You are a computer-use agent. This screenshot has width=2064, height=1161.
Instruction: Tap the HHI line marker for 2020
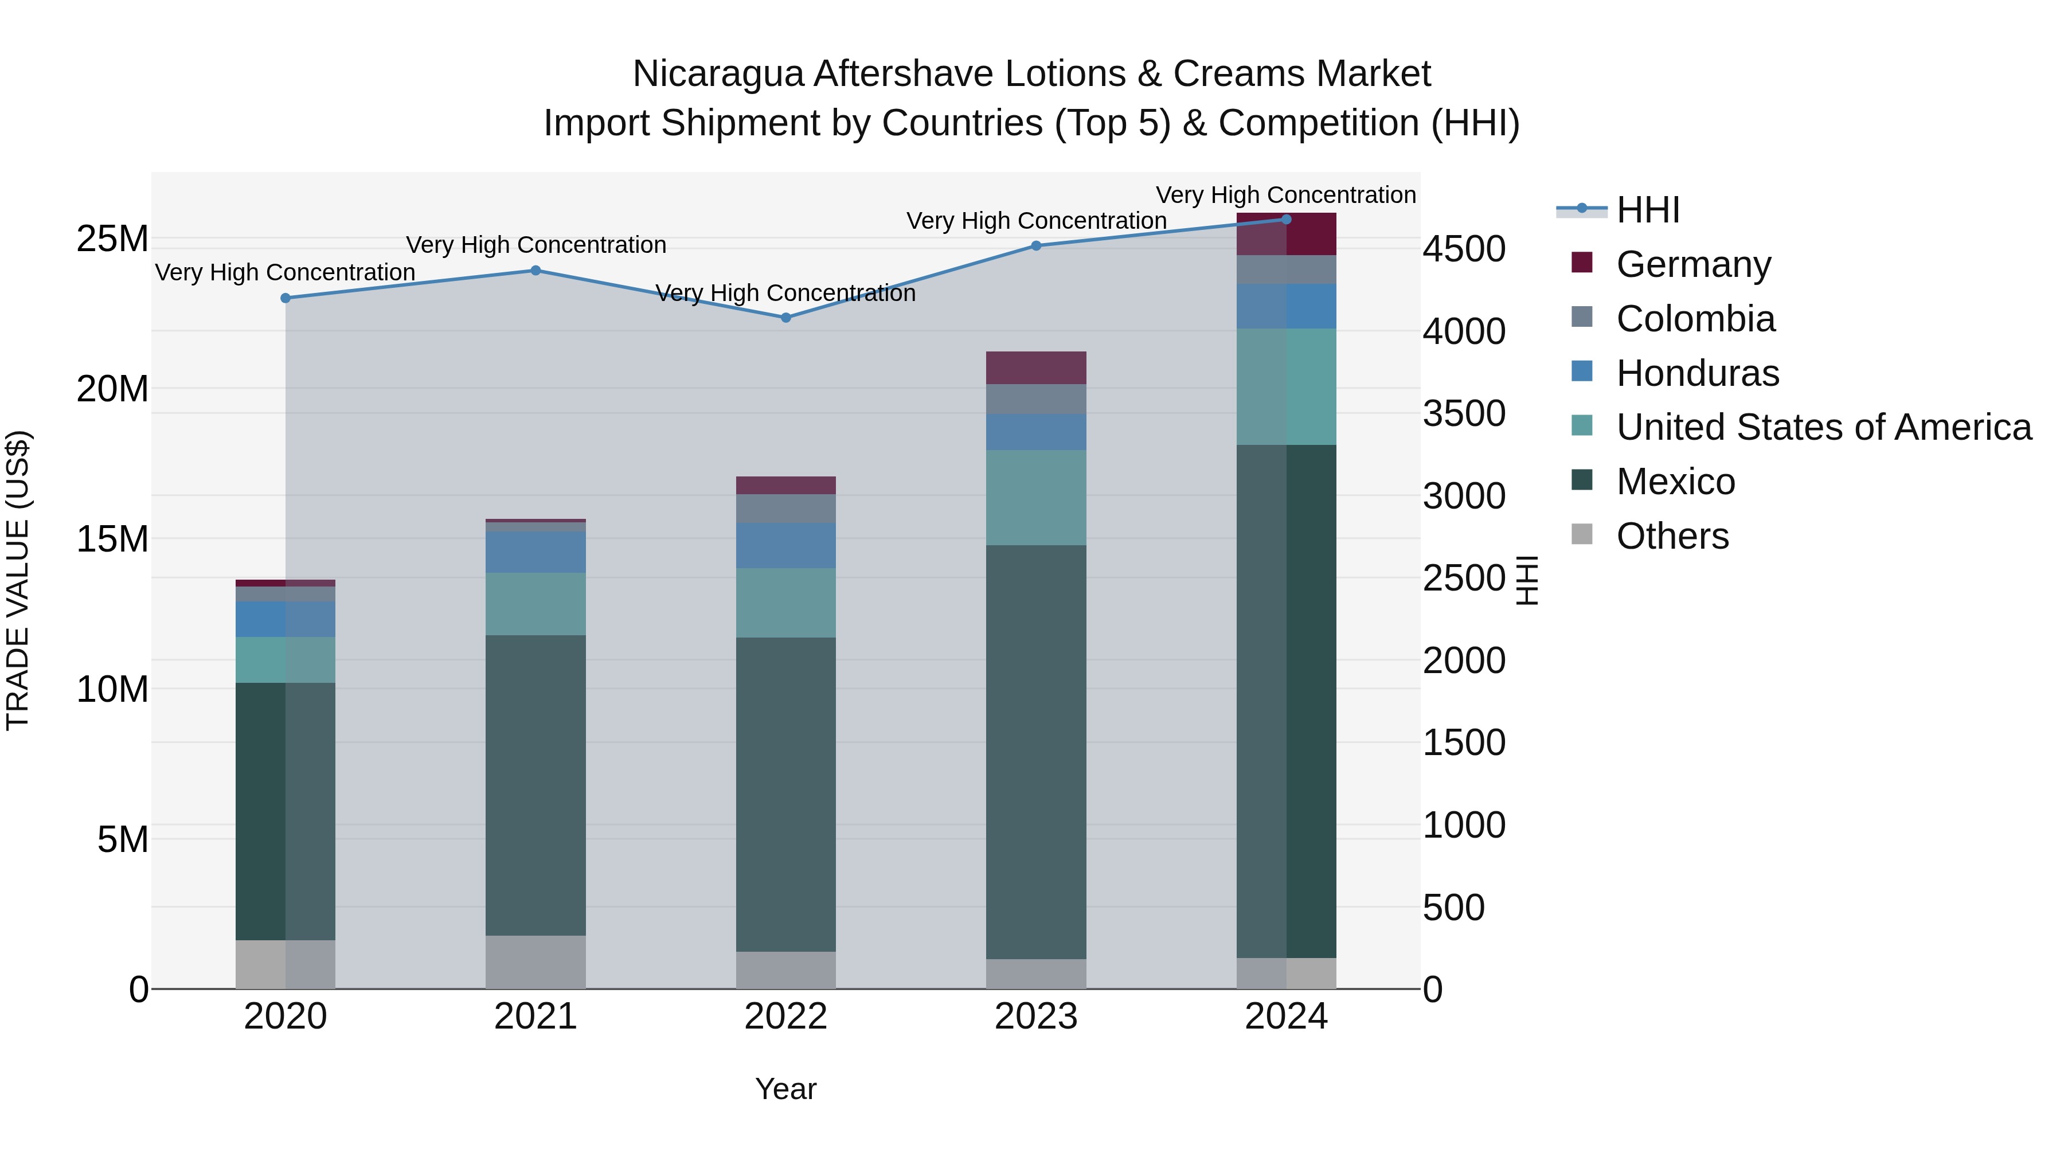click(286, 298)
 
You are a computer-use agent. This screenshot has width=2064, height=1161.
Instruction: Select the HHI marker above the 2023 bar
click(1036, 246)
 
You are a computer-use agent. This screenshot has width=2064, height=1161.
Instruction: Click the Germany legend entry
click(1692, 264)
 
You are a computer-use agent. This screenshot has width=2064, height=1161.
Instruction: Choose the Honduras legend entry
click(1697, 373)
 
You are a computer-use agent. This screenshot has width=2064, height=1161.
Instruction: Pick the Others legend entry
click(1672, 536)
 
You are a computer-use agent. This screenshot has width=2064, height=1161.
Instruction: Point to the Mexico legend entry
click(1675, 482)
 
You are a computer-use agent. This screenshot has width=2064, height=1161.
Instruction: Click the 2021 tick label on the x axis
click(535, 1017)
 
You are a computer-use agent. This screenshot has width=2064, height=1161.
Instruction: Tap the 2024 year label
click(1286, 1017)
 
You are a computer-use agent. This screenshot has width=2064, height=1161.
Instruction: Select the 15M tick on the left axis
click(112, 540)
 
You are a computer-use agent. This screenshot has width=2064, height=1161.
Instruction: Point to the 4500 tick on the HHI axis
click(1464, 249)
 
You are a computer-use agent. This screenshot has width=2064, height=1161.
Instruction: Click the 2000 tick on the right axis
click(1464, 661)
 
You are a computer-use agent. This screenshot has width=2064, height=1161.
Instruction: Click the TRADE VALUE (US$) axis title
click(18, 580)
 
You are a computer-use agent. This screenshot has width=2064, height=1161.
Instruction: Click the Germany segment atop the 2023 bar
click(1036, 368)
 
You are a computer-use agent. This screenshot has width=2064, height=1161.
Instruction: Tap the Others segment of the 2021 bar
click(535, 961)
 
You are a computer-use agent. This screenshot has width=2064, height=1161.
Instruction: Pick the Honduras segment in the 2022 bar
click(785, 546)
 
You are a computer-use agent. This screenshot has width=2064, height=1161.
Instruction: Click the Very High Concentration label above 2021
click(535, 245)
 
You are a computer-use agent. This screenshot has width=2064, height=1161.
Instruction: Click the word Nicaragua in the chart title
click(717, 75)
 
